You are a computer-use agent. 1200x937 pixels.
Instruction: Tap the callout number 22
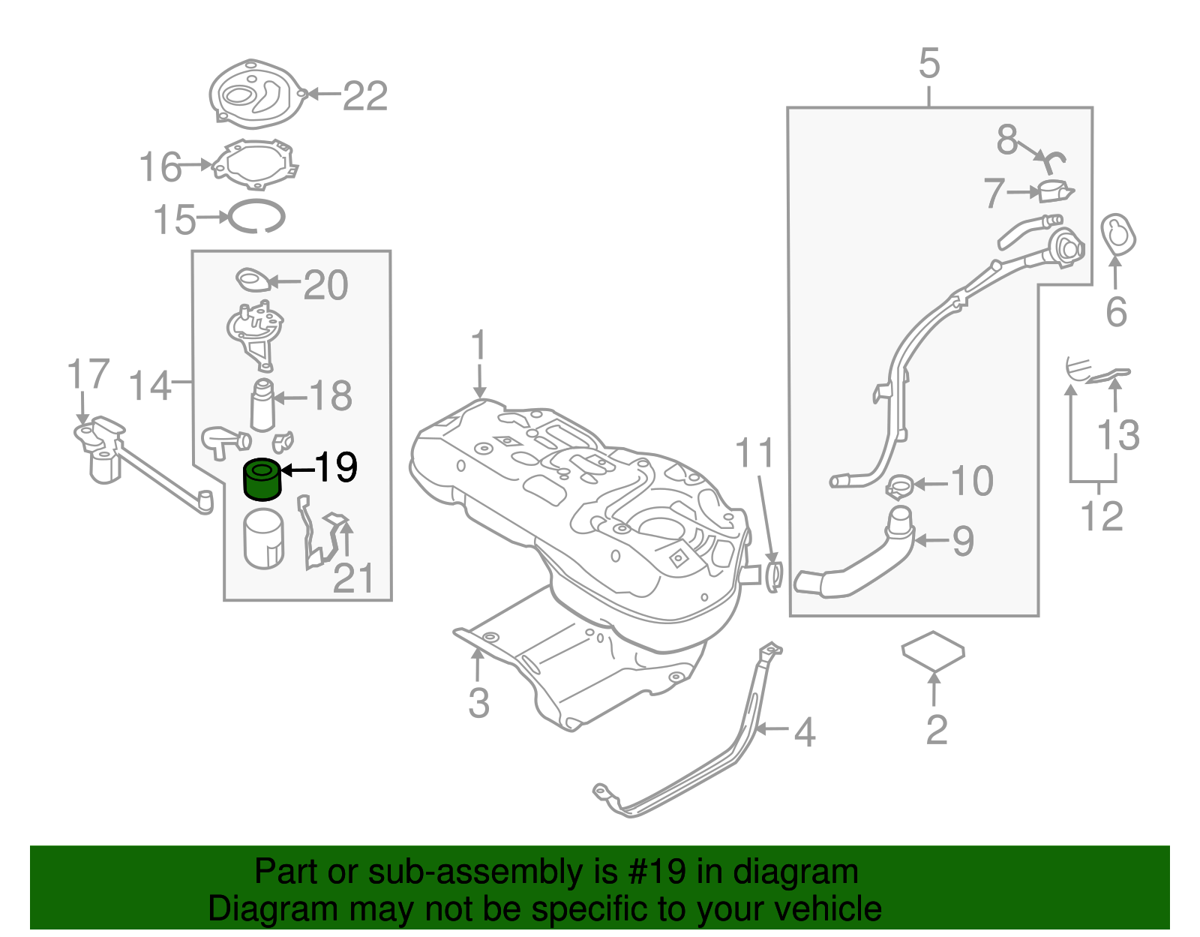[x=365, y=97]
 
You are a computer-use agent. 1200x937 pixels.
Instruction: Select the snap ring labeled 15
[x=257, y=218]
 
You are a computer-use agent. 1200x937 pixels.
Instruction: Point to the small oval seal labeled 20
[x=253, y=281]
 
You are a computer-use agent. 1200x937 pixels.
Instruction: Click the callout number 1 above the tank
[x=478, y=347]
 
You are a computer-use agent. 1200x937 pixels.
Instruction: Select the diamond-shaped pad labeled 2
[x=933, y=650]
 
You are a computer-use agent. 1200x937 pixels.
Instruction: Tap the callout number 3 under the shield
[x=478, y=704]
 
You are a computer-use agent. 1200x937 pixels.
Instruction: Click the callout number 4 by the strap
[x=804, y=732]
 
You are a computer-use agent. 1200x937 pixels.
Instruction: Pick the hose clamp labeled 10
[x=899, y=486]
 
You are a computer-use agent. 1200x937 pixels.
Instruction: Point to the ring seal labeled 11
[x=774, y=576]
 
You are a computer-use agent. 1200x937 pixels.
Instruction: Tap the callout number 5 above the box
[x=928, y=64]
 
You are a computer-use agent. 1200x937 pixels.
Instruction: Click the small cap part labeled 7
[x=1055, y=191]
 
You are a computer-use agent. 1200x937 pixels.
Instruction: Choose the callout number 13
[x=1117, y=435]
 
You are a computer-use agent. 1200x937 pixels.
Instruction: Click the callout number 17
[x=88, y=374]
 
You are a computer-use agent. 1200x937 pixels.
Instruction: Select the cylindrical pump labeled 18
[x=262, y=405]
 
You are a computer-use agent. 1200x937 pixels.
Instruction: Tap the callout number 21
[x=352, y=578]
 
